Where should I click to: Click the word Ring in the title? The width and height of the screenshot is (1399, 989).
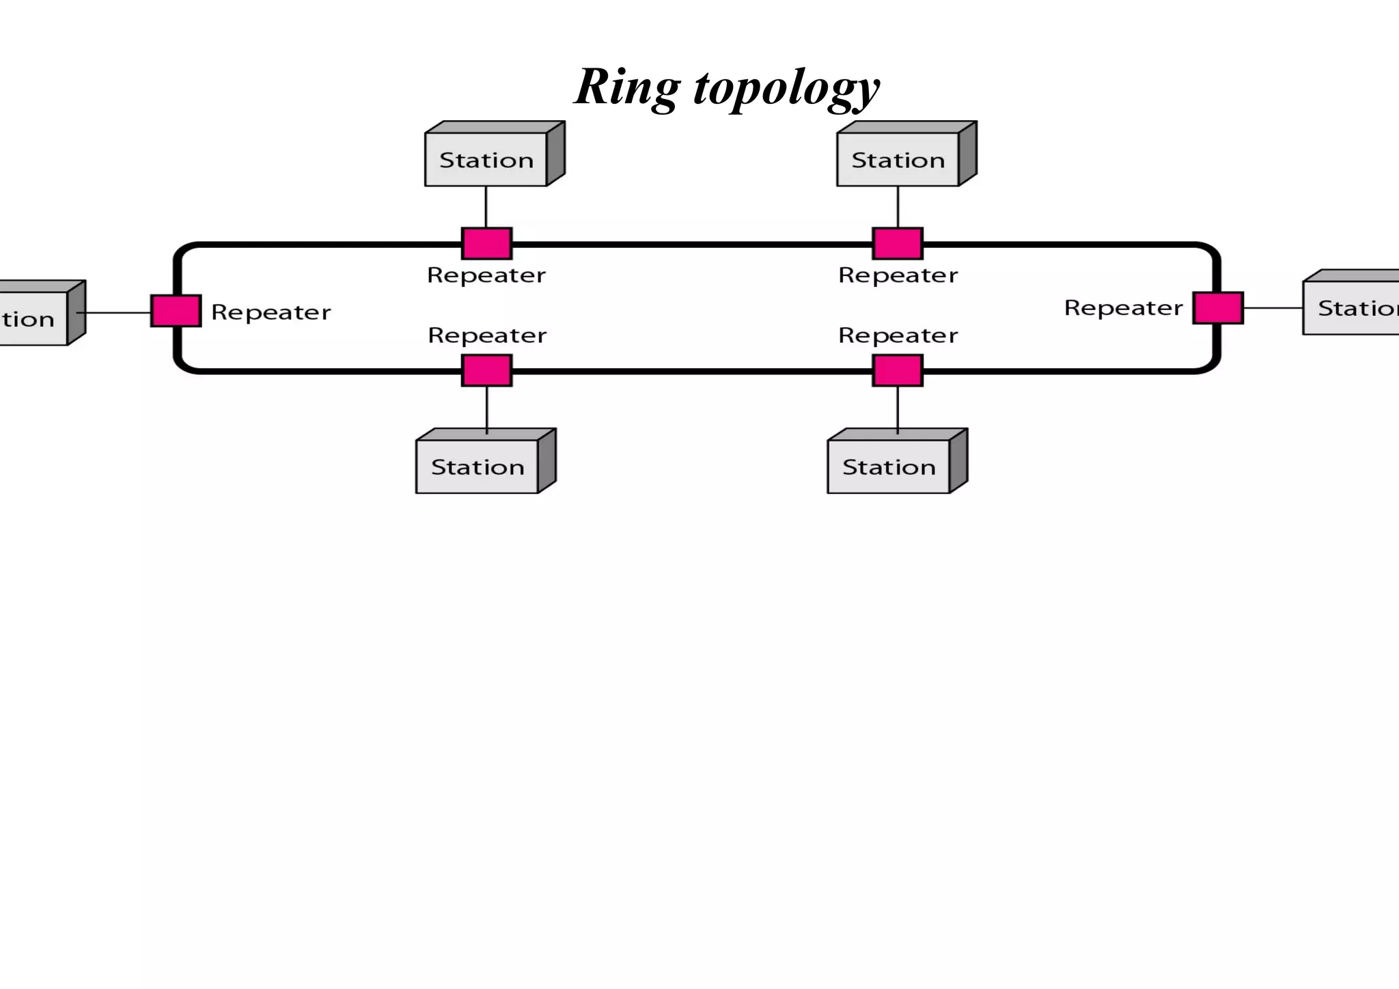pos(627,87)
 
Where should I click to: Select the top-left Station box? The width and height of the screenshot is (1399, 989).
pos(486,159)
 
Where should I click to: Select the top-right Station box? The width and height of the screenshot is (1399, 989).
pos(898,159)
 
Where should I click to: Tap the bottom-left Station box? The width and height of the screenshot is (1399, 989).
pos(477,466)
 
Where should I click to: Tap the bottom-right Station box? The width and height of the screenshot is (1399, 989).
pos(889,466)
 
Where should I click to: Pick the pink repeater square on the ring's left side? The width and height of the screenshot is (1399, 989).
pos(176,311)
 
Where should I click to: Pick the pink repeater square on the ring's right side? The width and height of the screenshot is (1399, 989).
pos(1218,307)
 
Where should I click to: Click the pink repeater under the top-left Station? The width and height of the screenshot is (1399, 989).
pos(486,243)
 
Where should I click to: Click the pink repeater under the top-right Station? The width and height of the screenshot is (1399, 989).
pos(898,243)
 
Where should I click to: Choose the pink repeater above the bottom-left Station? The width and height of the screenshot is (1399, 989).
pos(486,370)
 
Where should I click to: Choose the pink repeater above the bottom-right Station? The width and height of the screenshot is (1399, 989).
pos(898,370)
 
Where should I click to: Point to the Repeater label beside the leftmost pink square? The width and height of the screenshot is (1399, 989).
pos(271,312)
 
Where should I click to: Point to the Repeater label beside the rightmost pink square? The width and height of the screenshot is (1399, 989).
pos(1123,308)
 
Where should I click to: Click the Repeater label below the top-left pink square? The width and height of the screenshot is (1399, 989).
pos(486,275)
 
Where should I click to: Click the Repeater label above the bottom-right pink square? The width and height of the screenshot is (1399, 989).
pos(898,335)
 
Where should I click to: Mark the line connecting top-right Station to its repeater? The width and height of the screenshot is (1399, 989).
pos(898,206)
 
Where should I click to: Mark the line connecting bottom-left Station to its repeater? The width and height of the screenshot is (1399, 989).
pos(487,408)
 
